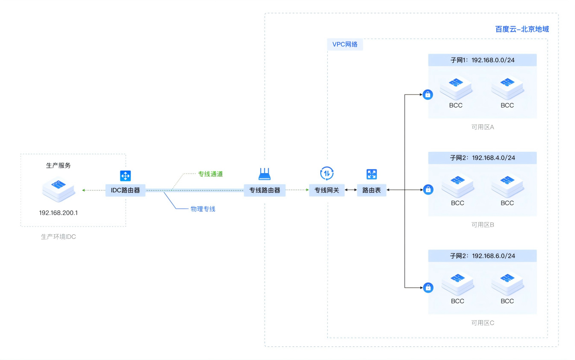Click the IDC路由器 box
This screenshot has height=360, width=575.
point(125,190)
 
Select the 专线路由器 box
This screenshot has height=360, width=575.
point(264,190)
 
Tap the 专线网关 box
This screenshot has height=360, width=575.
point(327,190)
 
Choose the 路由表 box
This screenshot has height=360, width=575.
point(371,190)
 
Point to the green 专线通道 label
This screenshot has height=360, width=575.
point(210,174)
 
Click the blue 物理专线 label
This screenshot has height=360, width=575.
point(203,209)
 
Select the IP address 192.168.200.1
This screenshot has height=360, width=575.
point(58,213)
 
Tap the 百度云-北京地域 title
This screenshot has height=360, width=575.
point(522,29)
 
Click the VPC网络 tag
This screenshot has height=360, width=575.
point(345,44)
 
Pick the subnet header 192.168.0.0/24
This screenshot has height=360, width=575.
point(482,60)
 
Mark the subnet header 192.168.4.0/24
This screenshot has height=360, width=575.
point(482,158)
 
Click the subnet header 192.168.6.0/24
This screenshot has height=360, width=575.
point(482,256)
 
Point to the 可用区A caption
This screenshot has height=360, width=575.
point(483,127)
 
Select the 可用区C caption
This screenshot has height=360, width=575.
point(483,323)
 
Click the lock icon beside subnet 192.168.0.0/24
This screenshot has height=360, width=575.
point(428,95)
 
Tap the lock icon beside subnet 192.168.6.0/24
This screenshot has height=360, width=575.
point(428,288)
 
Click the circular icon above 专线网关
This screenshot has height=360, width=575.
point(327,174)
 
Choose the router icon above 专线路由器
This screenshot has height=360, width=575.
point(264,174)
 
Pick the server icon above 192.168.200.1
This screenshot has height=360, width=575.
point(58,190)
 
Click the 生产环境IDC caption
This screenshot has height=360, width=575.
point(58,237)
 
